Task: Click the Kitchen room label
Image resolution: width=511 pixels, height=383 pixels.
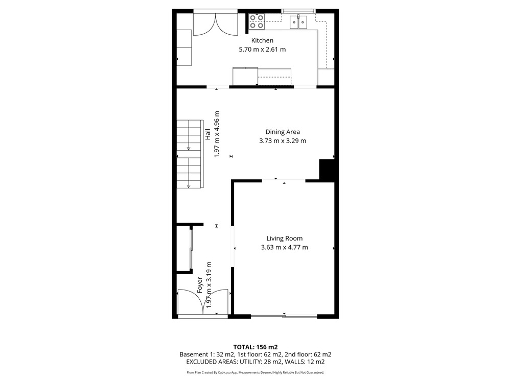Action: pos(262,40)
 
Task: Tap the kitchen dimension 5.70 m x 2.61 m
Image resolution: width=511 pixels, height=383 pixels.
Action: pos(262,50)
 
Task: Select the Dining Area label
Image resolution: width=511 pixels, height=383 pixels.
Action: pos(283,132)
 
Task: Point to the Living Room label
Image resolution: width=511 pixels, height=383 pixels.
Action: pos(285,238)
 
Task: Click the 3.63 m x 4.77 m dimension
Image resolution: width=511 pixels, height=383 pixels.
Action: pos(285,247)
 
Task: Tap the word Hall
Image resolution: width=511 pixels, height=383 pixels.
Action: pos(207,134)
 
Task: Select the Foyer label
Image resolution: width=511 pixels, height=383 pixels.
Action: pos(200,285)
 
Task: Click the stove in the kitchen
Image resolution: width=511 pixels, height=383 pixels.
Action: pos(257,22)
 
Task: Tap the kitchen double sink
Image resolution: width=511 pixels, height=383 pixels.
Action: pos(298,22)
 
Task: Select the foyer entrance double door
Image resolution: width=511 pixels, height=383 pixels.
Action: pos(203,302)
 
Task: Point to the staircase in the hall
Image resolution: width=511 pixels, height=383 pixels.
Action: pos(190,154)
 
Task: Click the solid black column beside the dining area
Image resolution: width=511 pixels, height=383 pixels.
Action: pos(327,170)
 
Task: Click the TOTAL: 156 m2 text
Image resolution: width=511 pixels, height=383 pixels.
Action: pos(255,347)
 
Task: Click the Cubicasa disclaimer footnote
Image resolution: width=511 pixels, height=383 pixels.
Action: pos(255,372)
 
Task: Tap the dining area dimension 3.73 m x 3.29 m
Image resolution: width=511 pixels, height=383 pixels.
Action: pos(283,141)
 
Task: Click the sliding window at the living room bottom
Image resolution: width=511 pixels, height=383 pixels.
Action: pos(284,316)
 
